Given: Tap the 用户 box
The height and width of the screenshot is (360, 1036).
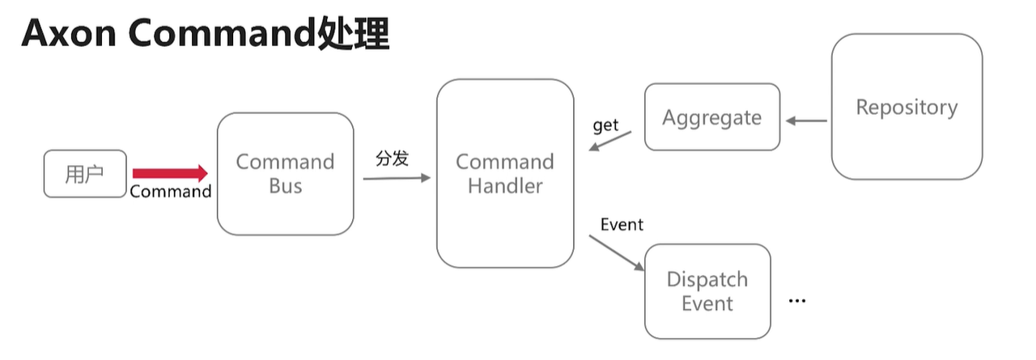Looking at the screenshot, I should point(85,174).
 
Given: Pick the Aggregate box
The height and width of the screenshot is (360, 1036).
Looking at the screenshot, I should point(712,117).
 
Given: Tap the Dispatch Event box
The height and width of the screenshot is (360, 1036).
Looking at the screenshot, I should point(707,291).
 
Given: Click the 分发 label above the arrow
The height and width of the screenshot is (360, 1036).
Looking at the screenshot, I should point(393,159).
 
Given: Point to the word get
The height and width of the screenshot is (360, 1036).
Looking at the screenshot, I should point(605,125).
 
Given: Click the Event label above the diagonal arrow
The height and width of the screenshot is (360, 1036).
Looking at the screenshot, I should point(622,224).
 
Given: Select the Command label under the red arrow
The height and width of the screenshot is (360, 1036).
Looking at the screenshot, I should point(171,192).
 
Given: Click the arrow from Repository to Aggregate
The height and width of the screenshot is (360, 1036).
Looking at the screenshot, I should point(806,121).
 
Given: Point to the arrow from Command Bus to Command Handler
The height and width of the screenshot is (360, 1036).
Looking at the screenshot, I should point(397,177).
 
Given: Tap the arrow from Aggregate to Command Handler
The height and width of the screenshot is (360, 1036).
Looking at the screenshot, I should point(611,141).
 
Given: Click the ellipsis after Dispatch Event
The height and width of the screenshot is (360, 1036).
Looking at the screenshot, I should point(797,300).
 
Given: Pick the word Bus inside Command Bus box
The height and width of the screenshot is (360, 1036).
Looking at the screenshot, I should point(285,187).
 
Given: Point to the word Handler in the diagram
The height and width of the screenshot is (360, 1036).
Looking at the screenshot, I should point(505,186).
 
